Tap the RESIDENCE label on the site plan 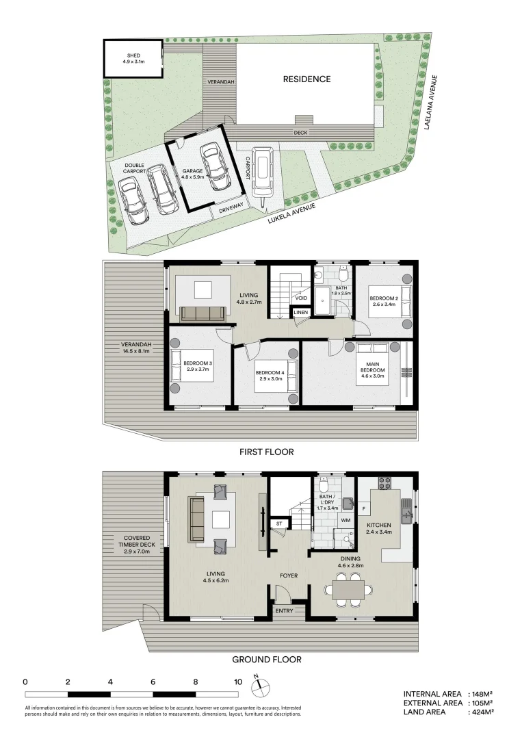pos(306,79)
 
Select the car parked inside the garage pos(213,166)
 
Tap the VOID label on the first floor pos(301,298)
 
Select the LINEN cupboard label pos(301,313)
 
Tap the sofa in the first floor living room pos(203,313)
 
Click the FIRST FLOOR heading pos(266,452)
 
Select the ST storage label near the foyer pos(278,524)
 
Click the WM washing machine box pos(345,520)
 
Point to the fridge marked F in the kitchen pos(363,508)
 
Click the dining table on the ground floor pos(352,588)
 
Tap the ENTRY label pos(285,610)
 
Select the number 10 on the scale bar pos(238,682)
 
